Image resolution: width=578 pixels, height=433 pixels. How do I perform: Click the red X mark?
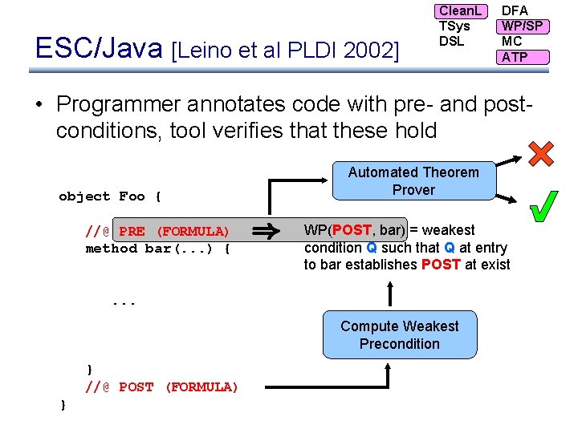541,154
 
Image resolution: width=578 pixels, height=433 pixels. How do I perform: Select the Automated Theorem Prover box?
413,181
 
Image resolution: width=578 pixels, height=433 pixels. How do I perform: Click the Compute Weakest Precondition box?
399,335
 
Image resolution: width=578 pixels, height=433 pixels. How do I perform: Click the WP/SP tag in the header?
522,26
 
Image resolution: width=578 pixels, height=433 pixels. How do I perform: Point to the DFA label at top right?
515,10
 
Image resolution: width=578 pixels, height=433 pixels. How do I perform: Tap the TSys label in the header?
454,26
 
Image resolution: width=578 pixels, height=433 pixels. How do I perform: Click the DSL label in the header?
451,41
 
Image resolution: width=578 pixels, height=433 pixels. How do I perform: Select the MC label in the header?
511,41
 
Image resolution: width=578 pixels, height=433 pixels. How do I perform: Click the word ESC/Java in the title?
100,49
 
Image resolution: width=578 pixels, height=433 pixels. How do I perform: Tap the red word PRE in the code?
132,231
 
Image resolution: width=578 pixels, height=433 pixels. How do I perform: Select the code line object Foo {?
110,196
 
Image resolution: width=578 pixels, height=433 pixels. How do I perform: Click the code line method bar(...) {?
158,249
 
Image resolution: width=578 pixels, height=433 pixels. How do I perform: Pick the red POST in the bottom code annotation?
136,387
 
